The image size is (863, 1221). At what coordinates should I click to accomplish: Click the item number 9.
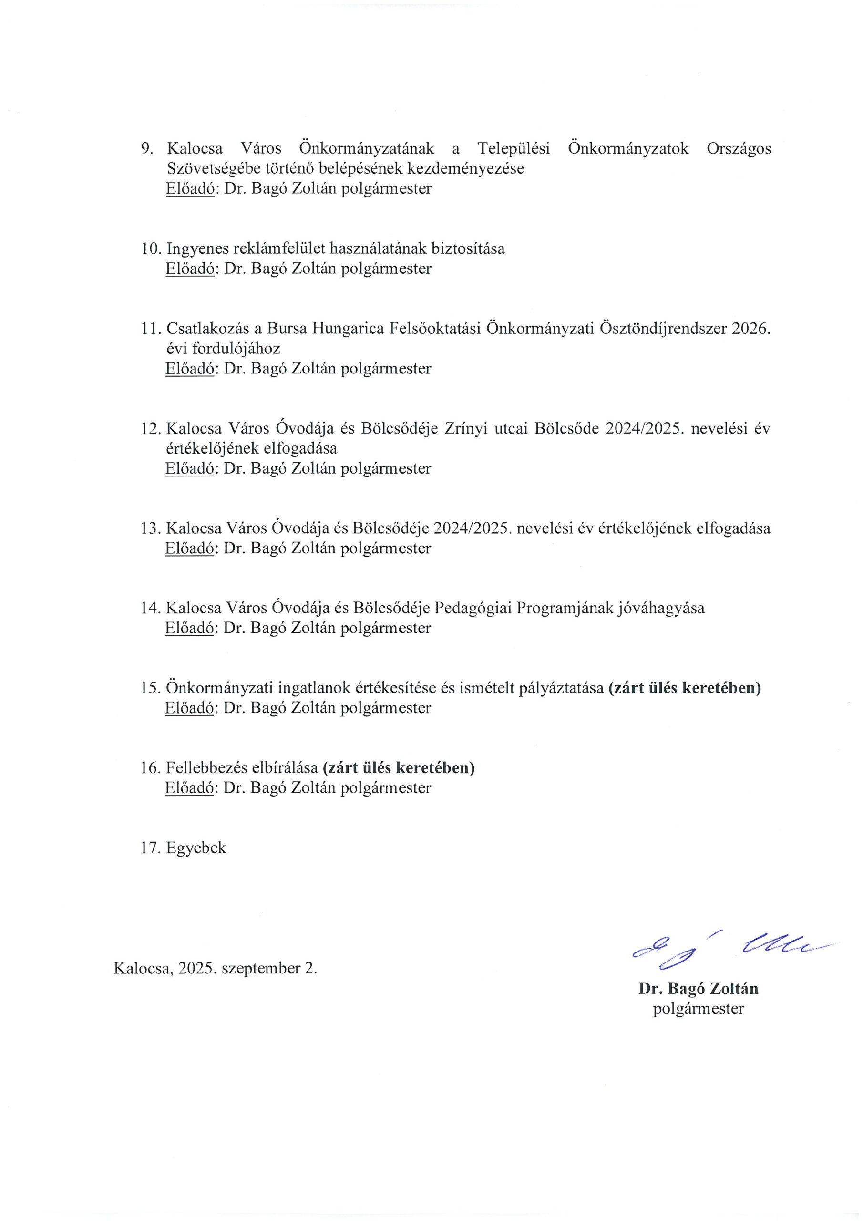tap(146, 148)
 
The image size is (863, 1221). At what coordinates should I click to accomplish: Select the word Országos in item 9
tap(739, 148)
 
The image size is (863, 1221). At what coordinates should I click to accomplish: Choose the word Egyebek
tap(196, 848)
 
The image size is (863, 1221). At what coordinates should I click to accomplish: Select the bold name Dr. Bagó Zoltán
tap(698, 989)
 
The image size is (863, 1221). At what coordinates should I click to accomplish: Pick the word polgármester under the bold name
tap(698, 1009)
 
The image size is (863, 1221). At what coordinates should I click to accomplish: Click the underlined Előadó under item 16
tap(190, 788)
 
